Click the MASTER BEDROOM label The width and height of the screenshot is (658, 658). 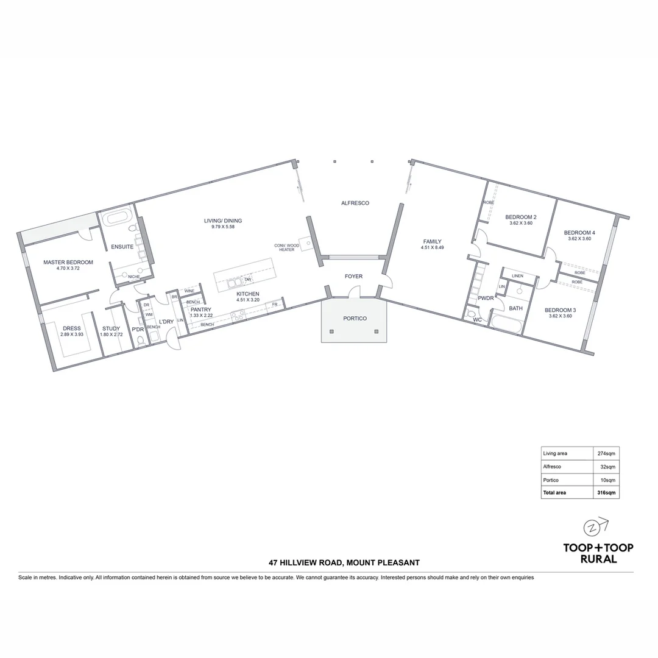(x=68, y=263)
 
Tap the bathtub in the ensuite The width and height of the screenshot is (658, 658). (x=115, y=218)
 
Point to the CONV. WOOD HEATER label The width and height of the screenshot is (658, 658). (x=286, y=247)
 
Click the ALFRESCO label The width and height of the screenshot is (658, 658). (x=355, y=203)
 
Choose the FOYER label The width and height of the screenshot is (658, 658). (x=353, y=277)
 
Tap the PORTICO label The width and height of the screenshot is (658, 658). (x=355, y=318)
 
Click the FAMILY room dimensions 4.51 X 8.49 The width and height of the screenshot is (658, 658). (x=432, y=247)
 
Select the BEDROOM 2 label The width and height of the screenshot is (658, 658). (x=521, y=217)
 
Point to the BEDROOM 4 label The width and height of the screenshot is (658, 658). (x=579, y=233)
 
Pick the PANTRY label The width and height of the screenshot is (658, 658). (x=200, y=310)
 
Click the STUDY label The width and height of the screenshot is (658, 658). (x=111, y=328)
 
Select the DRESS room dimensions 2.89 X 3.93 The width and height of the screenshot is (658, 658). (x=71, y=334)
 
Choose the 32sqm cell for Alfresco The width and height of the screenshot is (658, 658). (x=607, y=467)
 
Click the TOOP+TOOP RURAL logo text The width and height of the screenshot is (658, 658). (x=598, y=553)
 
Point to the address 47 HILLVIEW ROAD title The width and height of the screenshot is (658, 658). (x=344, y=563)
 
